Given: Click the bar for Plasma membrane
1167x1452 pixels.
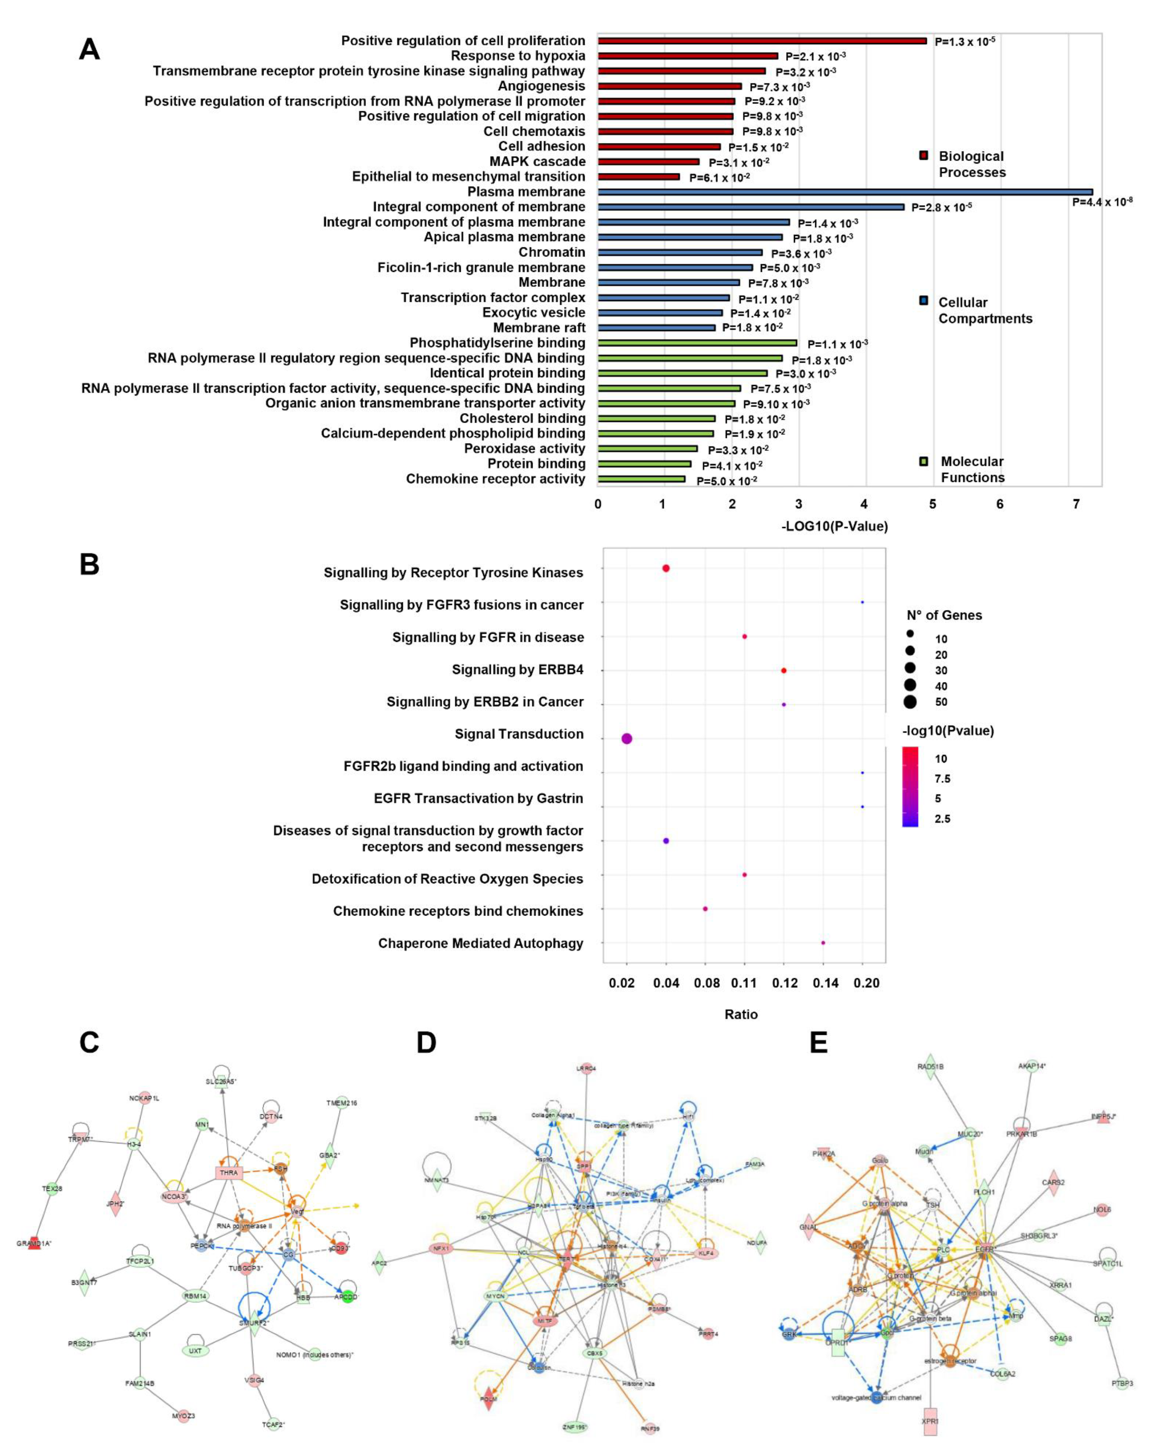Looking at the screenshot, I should [x=844, y=192].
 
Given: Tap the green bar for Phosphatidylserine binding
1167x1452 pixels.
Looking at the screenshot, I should [x=697, y=343].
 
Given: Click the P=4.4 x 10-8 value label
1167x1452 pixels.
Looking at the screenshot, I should [x=1102, y=202].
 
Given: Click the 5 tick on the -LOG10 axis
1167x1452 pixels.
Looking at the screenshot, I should [x=933, y=504].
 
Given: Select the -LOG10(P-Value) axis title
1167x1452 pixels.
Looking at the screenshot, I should [x=834, y=526].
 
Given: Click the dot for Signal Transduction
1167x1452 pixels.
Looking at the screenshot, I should [x=627, y=739].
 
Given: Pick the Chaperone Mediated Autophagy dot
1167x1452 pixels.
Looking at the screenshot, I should [x=823, y=943].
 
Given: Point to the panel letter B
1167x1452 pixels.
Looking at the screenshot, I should [x=90, y=564].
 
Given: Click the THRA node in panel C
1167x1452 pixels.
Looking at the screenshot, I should [x=229, y=1172].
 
